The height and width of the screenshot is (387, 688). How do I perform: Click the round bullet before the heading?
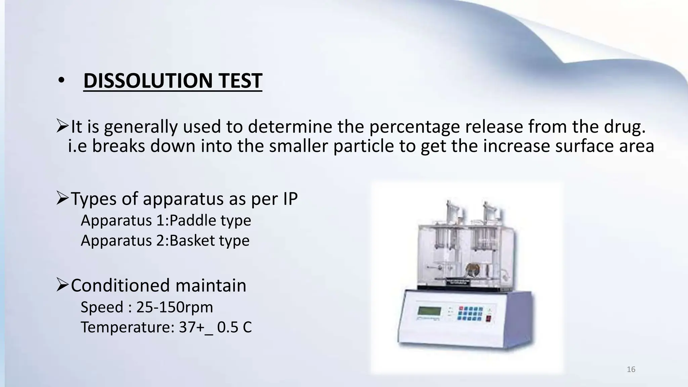[61, 81]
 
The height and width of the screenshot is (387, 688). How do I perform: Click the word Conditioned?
[120, 285]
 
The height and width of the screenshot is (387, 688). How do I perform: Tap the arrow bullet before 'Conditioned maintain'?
[62, 285]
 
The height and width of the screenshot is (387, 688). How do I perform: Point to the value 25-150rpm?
[175, 307]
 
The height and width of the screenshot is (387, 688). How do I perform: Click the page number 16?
[631, 370]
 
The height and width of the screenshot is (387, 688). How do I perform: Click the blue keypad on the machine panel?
[471, 312]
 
